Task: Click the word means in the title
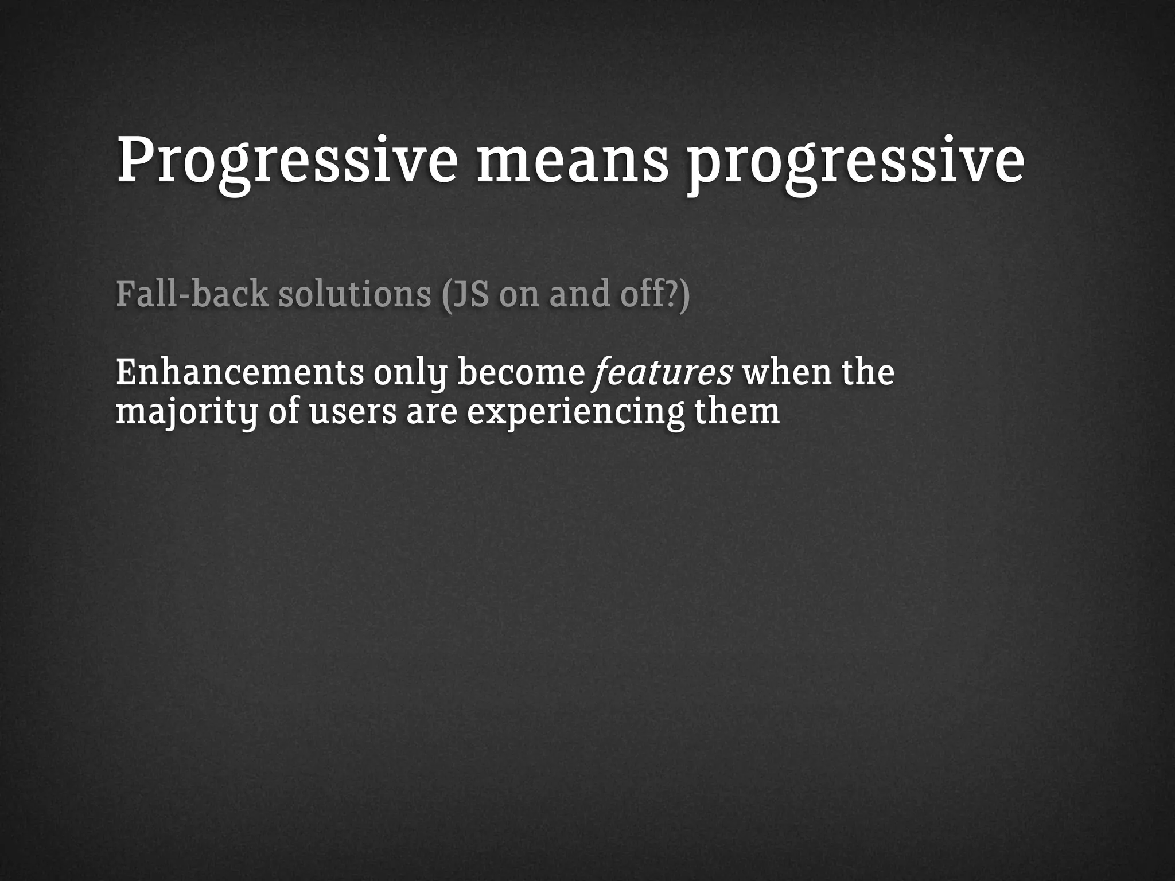coord(572,162)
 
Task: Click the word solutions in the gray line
coord(354,294)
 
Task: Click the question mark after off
coord(672,294)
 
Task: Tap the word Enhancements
coord(239,373)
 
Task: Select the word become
coord(520,373)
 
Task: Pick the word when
coord(787,373)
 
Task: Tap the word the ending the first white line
coord(867,373)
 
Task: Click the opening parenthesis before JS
coord(446,295)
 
